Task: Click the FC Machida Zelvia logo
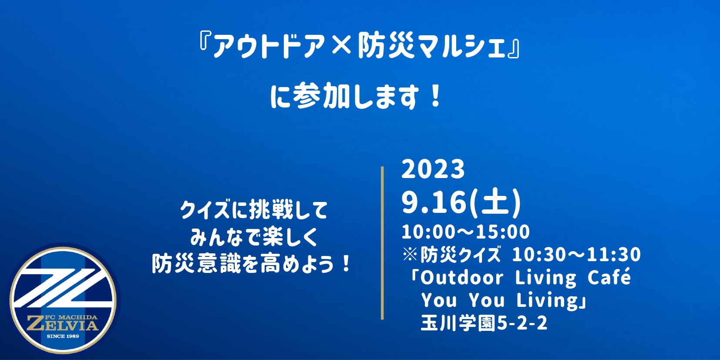63,300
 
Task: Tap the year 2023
433,169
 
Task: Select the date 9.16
434,202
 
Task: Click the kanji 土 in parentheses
495,202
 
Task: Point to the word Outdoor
462,277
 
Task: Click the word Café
609,277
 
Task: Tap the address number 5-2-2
522,323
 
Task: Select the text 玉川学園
459,323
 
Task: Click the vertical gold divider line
382,243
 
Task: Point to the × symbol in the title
341,46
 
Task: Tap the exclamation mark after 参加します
436,96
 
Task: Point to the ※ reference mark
410,254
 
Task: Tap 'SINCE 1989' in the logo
63,336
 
